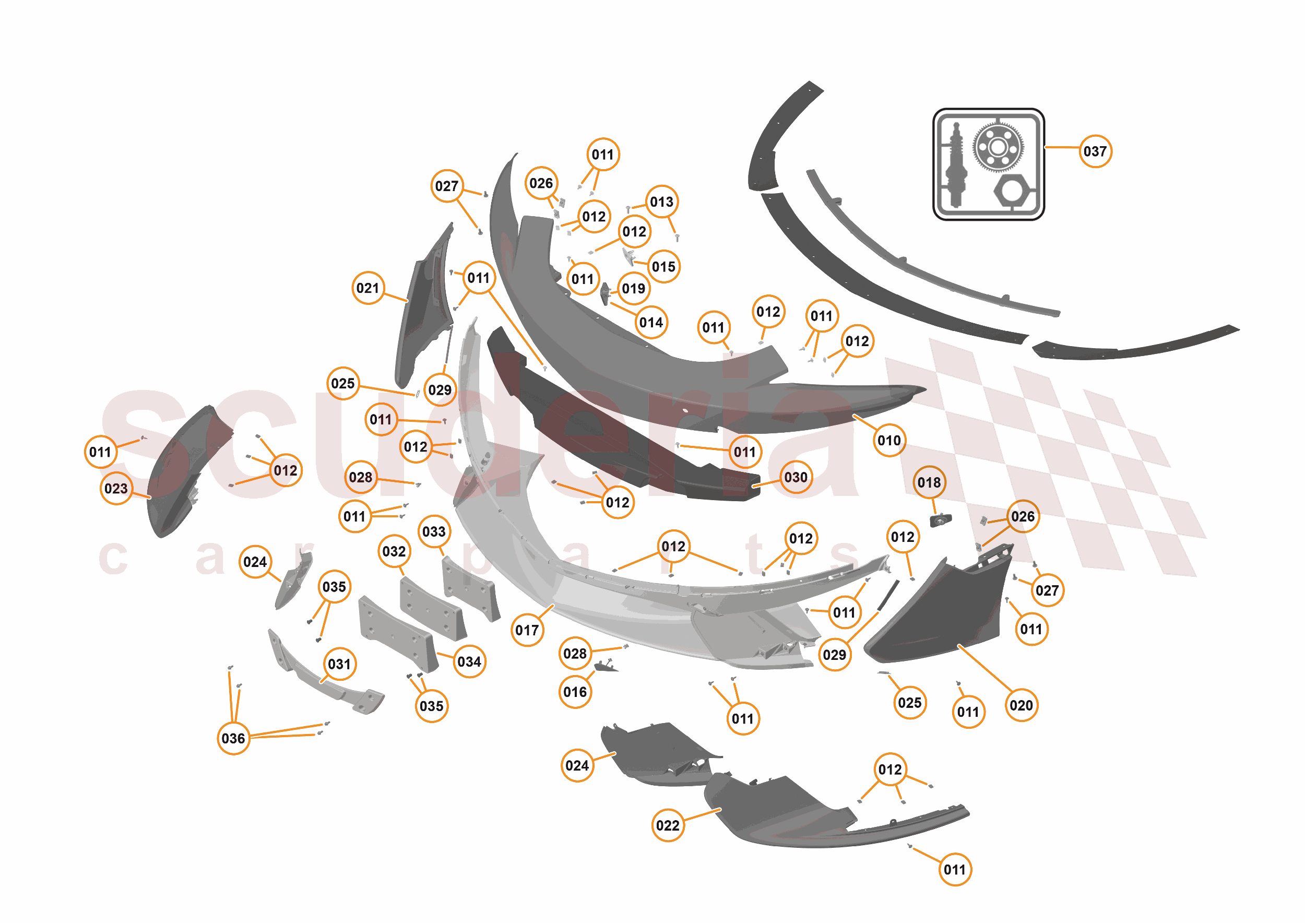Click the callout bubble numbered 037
1095,151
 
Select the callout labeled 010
889,441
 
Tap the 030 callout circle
796,477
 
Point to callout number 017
527,630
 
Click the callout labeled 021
367,288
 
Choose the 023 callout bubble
116,488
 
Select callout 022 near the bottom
667,825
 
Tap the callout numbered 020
1021,705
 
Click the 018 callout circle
929,482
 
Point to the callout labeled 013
661,202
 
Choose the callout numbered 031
339,664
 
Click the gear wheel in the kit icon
998,148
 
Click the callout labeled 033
434,531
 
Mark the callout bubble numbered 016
575,692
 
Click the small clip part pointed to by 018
940,519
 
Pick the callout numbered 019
633,289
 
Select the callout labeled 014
651,323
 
